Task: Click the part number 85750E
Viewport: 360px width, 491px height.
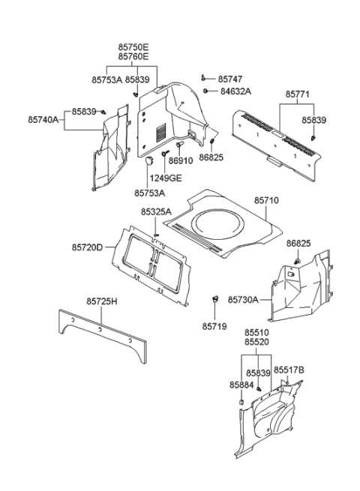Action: pos(133,46)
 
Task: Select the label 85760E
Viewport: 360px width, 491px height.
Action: pos(133,56)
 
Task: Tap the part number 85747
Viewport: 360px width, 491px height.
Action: pos(232,79)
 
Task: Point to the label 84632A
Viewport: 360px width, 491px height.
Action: pos(235,91)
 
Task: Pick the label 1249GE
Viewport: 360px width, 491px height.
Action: pos(165,178)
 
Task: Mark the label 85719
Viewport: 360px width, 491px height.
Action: pos(215,326)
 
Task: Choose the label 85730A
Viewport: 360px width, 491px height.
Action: pos(244,299)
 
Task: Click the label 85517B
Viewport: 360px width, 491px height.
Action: pos(289,370)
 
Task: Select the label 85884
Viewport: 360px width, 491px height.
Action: pos(240,385)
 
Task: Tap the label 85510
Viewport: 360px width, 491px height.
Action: pos(258,331)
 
